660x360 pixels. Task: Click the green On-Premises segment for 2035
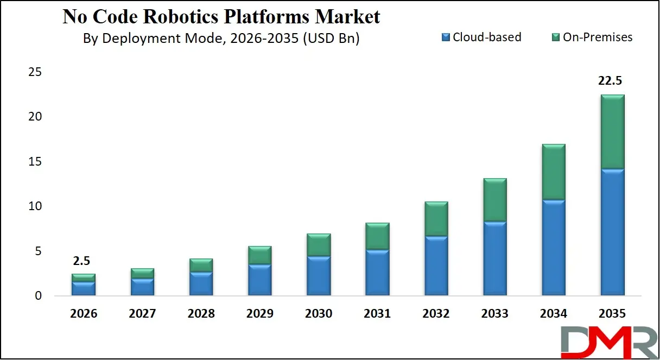tap(612, 132)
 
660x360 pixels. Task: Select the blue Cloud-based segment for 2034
tap(554, 248)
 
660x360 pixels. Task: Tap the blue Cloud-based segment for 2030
tap(319, 276)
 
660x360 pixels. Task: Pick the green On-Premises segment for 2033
tap(494, 200)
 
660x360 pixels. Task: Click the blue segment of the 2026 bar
tap(84, 288)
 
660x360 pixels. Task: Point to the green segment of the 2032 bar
tap(436, 219)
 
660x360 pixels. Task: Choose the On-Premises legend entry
tap(592, 37)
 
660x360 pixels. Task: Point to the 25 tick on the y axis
tap(35, 72)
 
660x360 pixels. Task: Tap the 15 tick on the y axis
tap(35, 162)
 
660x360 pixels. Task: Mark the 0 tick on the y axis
tap(38, 296)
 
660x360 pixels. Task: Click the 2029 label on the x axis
tap(260, 314)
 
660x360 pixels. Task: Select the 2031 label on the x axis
tap(377, 314)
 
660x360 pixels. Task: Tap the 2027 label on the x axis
tap(142, 314)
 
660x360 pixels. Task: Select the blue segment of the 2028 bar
tap(201, 283)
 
